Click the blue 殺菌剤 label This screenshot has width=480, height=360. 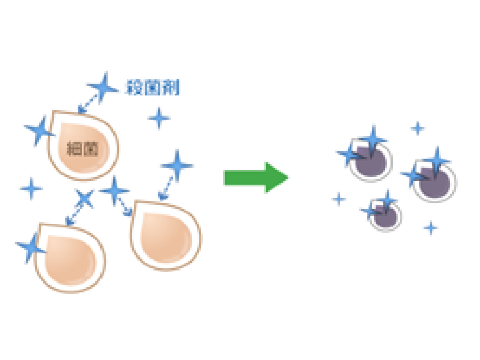[153, 87]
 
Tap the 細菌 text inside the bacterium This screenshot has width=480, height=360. [83, 148]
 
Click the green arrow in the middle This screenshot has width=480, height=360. [256, 177]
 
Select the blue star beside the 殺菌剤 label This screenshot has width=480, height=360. [103, 87]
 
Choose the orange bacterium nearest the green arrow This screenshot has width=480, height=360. [166, 235]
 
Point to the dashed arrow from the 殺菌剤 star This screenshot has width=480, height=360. [89, 102]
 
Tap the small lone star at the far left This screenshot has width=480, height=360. [31, 188]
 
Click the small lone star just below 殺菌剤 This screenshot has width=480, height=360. [159, 118]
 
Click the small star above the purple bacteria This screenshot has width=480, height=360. [418, 127]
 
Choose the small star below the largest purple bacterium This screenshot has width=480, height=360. [430, 227]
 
